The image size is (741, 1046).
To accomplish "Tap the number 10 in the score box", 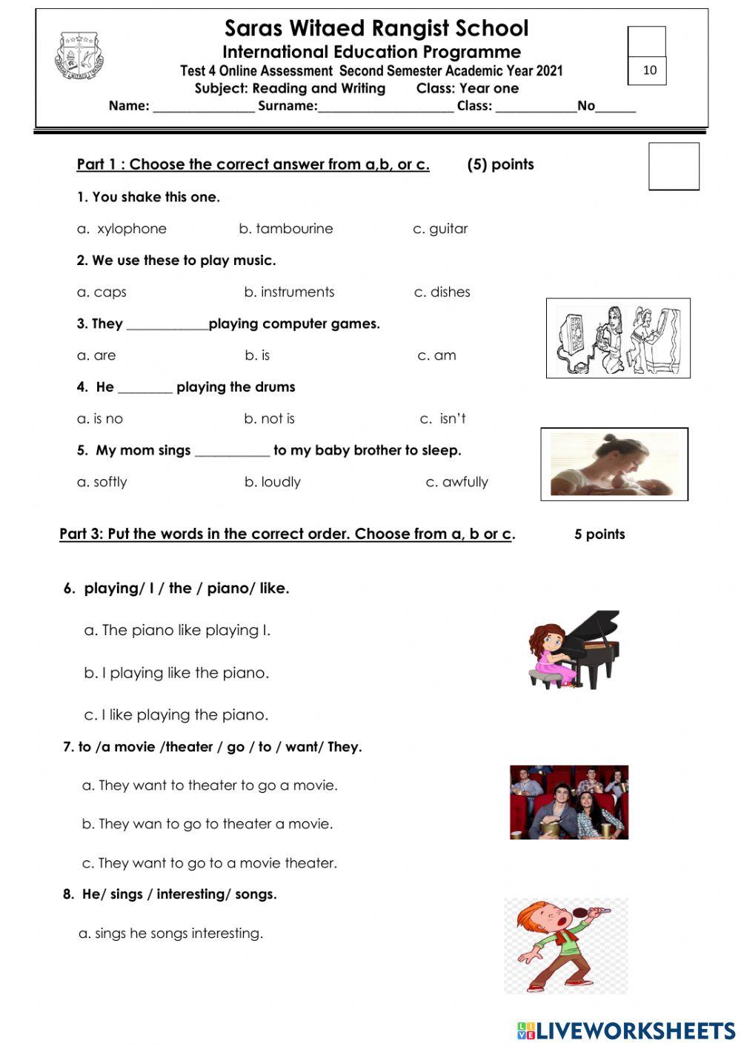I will pyautogui.click(x=649, y=70).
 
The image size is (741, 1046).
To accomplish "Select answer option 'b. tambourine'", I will pyautogui.click(x=286, y=229).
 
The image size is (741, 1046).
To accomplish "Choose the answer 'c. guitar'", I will pyautogui.click(x=440, y=229).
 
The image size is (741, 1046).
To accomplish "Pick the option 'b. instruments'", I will pyautogui.click(x=289, y=292).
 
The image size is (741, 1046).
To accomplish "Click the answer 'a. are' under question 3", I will pyautogui.click(x=96, y=355).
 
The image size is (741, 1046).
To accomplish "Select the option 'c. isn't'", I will pyautogui.click(x=442, y=419).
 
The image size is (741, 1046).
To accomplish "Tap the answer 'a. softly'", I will pyautogui.click(x=102, y=482).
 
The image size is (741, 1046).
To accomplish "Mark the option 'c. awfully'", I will pyautogui.click(x=456, y=482).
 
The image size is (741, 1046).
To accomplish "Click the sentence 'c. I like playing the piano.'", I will pyautogui.click(x=176, y=715).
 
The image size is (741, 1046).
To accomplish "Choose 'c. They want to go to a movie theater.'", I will pyautogui.click(x=210, y=863).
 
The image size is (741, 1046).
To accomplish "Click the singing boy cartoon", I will pyautogui.click(x=565, y=946).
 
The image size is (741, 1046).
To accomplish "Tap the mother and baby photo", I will pyautogui.click(x=614, y=464).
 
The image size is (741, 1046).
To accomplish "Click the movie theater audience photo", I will pyautogui.click(x=568, y=802).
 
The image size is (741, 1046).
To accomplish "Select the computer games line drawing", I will pyautogui.click(x=618, y=338).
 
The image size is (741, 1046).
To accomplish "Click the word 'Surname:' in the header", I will pyautogui.click(x=288, y=106).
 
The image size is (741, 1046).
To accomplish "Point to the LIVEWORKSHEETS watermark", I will pyautogui.click(x=626, y=1030).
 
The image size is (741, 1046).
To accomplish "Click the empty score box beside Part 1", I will pyautogui.click(x=674, y=167).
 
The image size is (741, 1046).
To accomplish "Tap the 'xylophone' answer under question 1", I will pyautogui.click(x=131, y=229).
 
